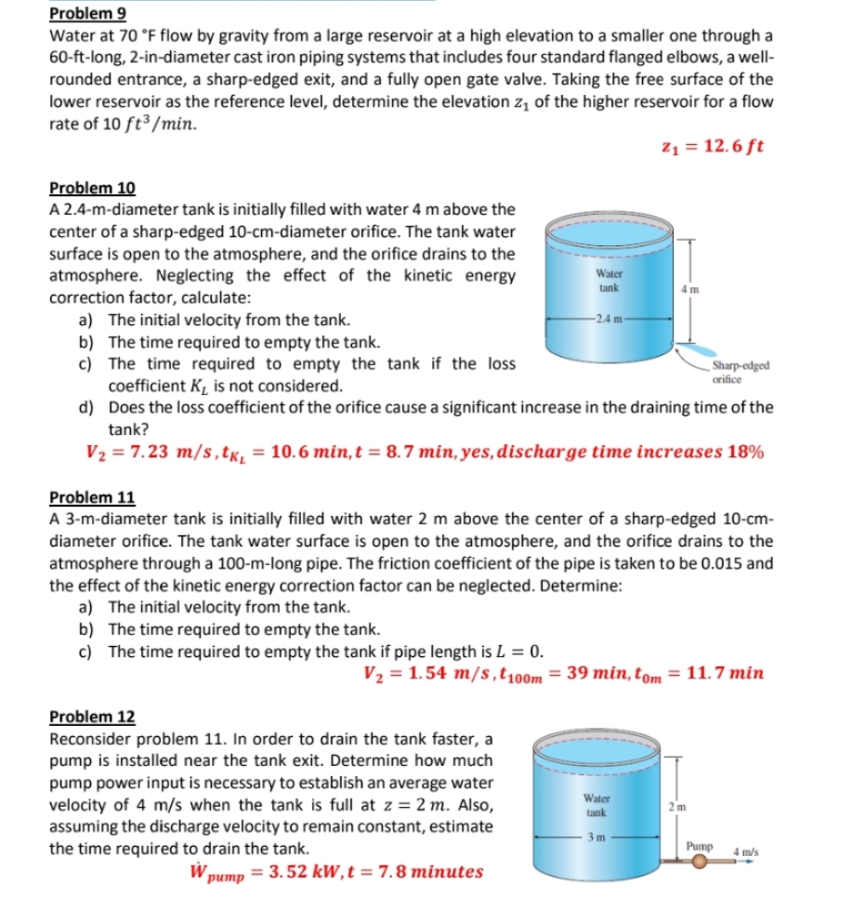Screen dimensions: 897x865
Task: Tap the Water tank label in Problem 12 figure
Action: [596, 805]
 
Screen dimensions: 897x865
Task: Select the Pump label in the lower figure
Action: [699, 847]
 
